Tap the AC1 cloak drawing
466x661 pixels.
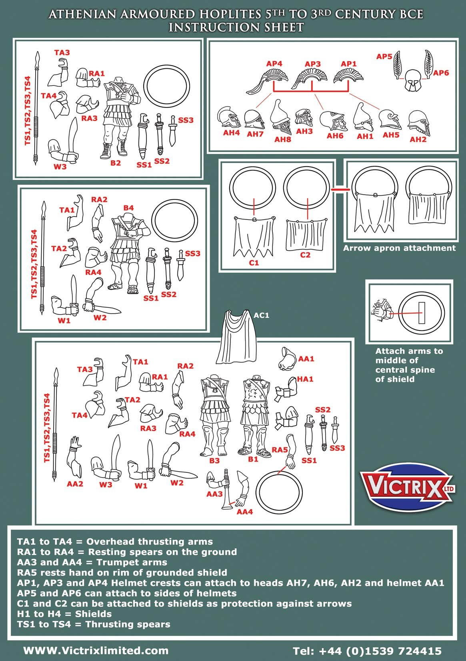(237, 338)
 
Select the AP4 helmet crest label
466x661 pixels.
(274, 64)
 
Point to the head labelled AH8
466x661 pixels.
(280, 117)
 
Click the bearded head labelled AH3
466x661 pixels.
(304, 118)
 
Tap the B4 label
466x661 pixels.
(128, 208)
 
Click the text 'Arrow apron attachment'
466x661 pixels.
(399, 248)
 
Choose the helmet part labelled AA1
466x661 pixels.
(288, 359)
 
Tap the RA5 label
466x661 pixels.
(280, 450)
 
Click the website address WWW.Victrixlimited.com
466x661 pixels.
(96, 650)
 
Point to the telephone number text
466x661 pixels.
(367, 651)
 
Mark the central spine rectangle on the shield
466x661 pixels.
(421, 313)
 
